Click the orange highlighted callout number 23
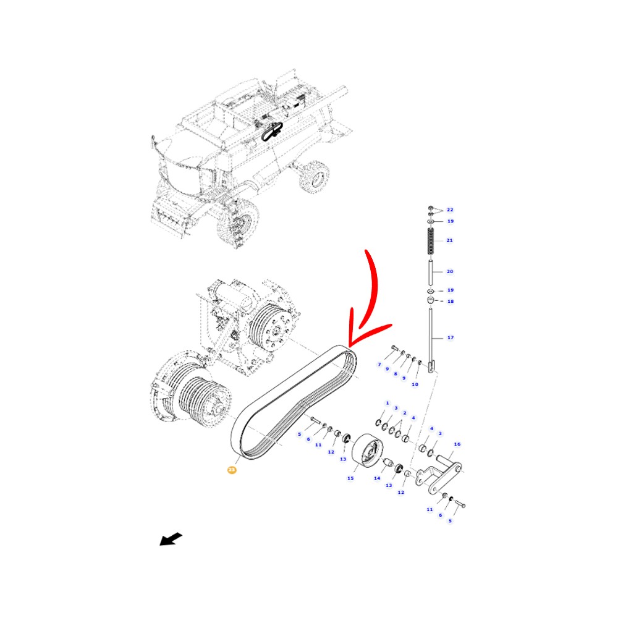pos(232,470)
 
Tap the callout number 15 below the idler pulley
pos(350,478)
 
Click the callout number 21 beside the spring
pos(449,240)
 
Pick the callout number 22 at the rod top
pos(450,210)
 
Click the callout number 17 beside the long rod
pos(450,337)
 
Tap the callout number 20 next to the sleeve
pos(450,271)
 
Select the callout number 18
pos(450,301)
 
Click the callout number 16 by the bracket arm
pos(457,444)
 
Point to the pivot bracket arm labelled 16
pos(441,473)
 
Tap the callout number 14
pos(377,478)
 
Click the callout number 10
pos(414,384)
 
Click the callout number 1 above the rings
pos(387,403)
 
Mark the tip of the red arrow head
pos(350,345)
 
